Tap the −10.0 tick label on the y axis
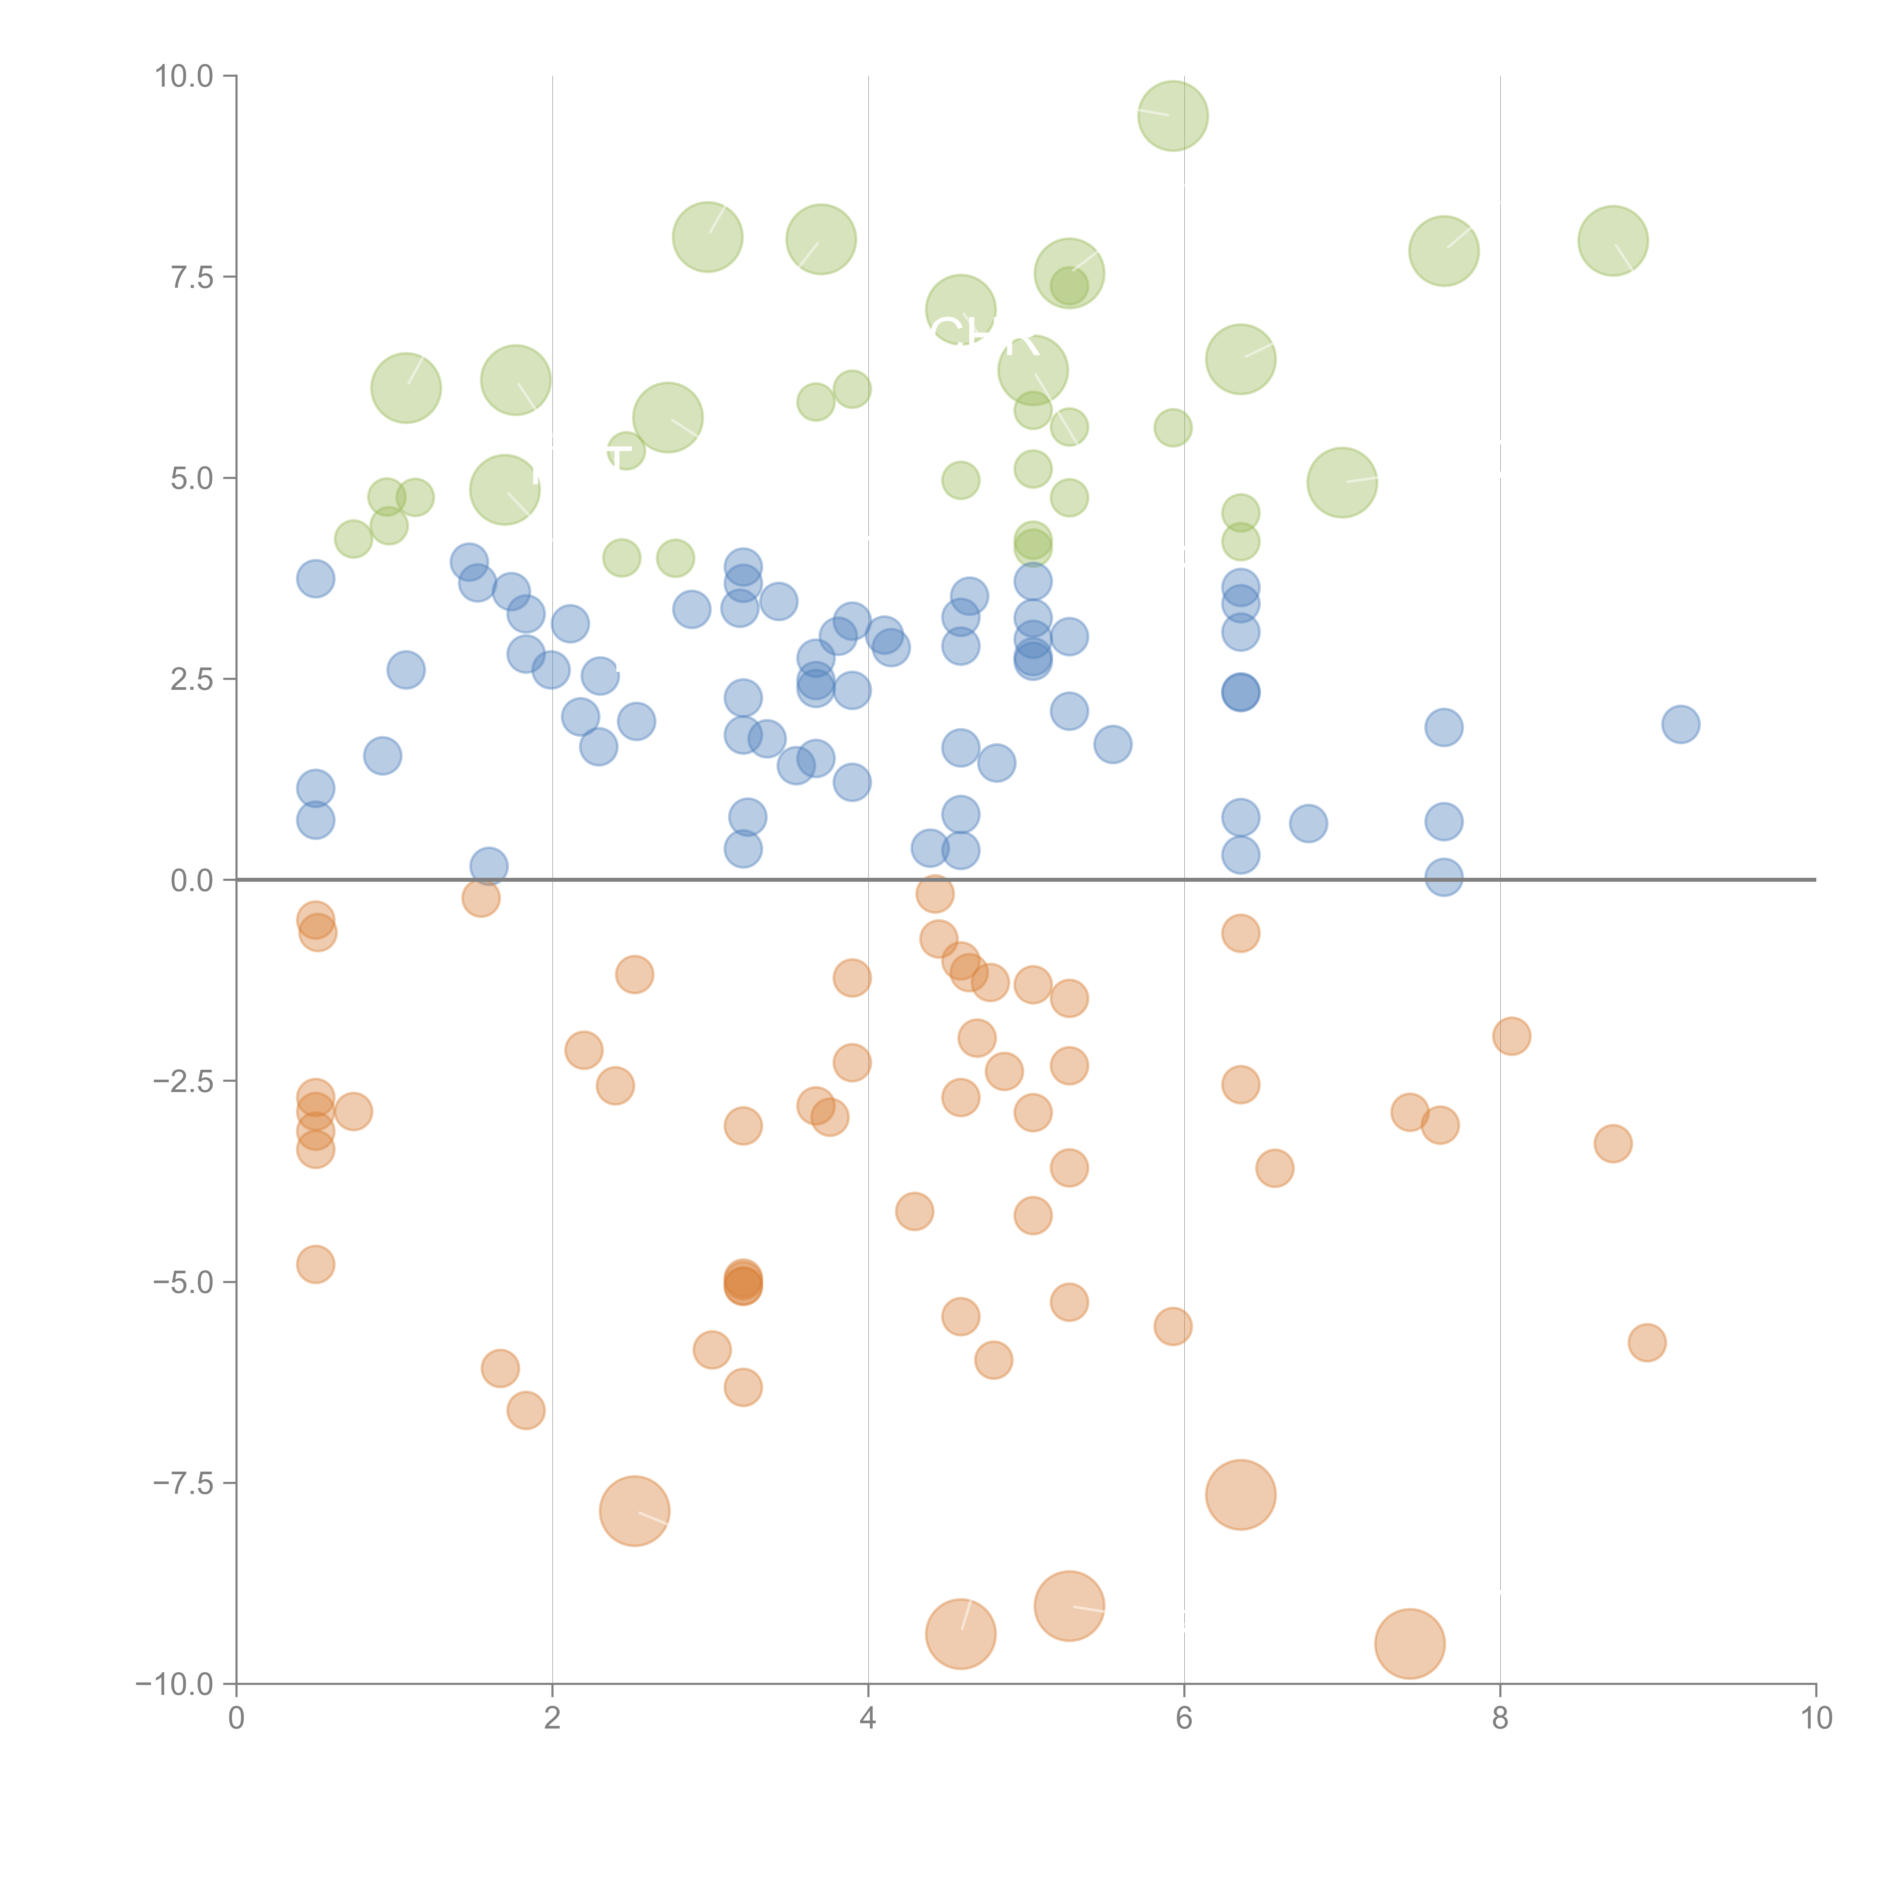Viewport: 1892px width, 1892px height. tap(174, 1684)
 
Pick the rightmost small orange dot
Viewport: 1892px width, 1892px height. tap(1647, 1343)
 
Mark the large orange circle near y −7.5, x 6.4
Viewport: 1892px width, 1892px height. tap(1241, 1494)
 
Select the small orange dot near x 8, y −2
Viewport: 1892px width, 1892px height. tap(1511, 1036)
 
